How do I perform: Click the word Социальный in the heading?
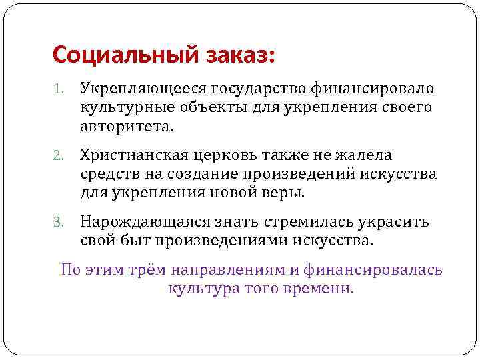[123, 53]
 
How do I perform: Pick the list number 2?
[58, 156]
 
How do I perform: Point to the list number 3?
[58, 223]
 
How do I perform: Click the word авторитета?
[126, 125]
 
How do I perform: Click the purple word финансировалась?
[373, 271]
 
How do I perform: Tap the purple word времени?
[317, 289]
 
